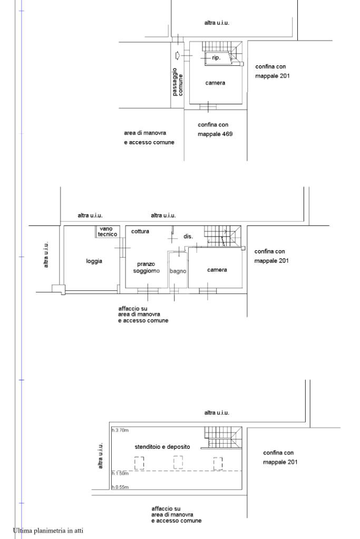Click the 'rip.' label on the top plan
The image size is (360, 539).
pos(216,58)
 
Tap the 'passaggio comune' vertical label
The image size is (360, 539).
pos(178,82)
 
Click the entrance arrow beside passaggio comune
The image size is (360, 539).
pos(178,55)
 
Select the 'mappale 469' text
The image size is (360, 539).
pos(215,134)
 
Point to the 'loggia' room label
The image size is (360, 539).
pos(94,261)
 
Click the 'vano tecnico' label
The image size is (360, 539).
pos(107,231)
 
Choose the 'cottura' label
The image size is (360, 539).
pos(140,231)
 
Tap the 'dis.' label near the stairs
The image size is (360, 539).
pos(188,237)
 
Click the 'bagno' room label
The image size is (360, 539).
pos(178,271)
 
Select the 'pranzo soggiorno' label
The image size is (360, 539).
pos(147,268)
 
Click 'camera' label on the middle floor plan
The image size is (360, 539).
pos(217,270)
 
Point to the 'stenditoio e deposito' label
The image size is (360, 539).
pos(162,447)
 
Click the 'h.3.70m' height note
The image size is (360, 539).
pos(120,430)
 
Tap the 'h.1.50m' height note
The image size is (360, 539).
pos(120,473)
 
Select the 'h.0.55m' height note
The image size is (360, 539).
pos(120,487)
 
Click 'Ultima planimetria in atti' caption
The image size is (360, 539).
pos(48,531)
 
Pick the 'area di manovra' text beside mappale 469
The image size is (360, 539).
pos(145,133)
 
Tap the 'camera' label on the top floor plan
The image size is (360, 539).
pos(215,83)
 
